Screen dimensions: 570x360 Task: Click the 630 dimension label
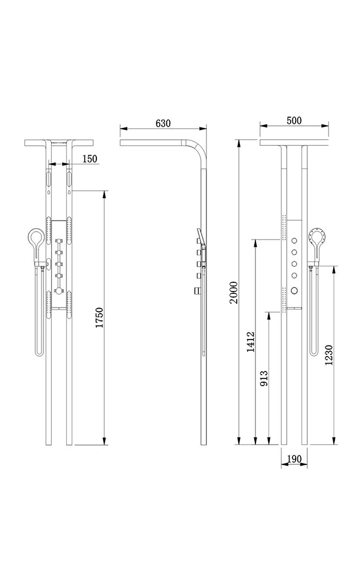click(x=163, y=123)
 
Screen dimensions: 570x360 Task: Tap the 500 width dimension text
click(x=294, y=121)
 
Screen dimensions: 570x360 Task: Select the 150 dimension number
click(x=89, y=159)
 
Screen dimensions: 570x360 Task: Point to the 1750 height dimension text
click(x=99, y=319)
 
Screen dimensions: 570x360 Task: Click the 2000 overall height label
click(x=233, y=293)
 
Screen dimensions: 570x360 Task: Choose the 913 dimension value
click(x=264, y=378)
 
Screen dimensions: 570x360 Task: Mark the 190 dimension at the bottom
click(x=294, y=459)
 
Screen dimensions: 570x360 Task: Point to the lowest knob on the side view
click(x=195, y=290)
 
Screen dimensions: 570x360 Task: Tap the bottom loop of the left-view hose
click(x=39, y=352)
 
